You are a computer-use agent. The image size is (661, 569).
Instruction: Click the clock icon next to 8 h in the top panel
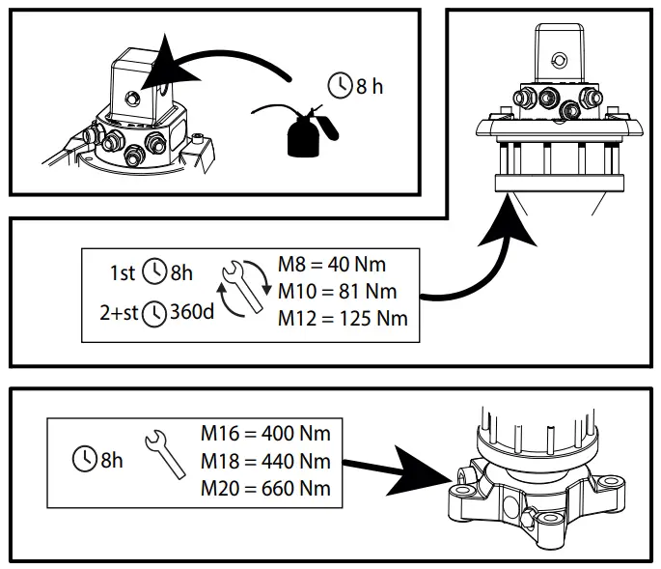point(341,87)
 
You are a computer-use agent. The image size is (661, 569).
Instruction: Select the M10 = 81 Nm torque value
point(339,291)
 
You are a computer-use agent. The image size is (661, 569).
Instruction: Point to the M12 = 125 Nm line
point(343,318)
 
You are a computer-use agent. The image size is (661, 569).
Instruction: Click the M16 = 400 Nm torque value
point(265,433)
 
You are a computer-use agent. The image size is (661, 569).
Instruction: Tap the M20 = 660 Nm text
point(265,487)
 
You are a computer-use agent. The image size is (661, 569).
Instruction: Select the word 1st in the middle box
point(124,273)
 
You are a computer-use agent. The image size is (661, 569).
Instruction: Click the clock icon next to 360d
point(152,315)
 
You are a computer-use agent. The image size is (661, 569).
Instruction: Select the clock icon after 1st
point(154,273)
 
